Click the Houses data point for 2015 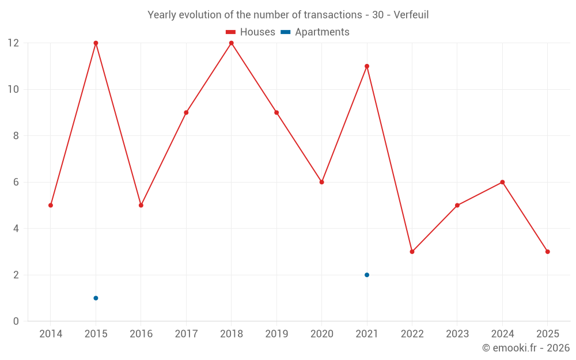96,43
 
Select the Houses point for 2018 231,43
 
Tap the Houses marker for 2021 367,66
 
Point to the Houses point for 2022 412,252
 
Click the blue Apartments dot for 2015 96,298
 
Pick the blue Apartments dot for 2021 367,275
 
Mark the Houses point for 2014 51,205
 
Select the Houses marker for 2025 547,252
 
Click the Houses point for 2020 321,182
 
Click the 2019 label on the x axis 276,334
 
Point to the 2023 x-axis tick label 457,334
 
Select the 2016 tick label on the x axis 141,334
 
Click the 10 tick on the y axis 13,89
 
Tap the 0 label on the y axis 16,321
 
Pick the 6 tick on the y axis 16,182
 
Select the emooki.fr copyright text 526,348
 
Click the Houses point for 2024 502,182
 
